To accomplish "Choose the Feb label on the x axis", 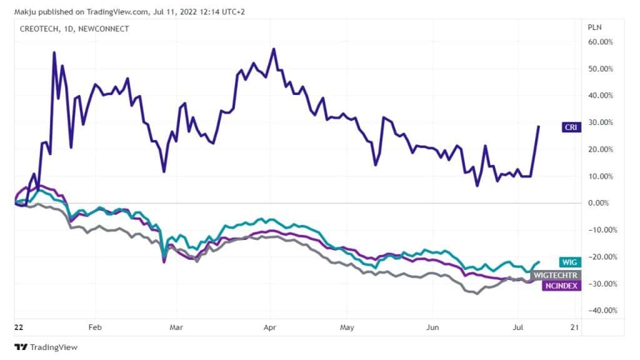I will point(96,327).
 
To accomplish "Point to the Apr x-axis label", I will point(270,327).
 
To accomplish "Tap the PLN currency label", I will point(594,27).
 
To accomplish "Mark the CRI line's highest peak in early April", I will point(274,48).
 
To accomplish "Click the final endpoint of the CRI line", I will point(539,126).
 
